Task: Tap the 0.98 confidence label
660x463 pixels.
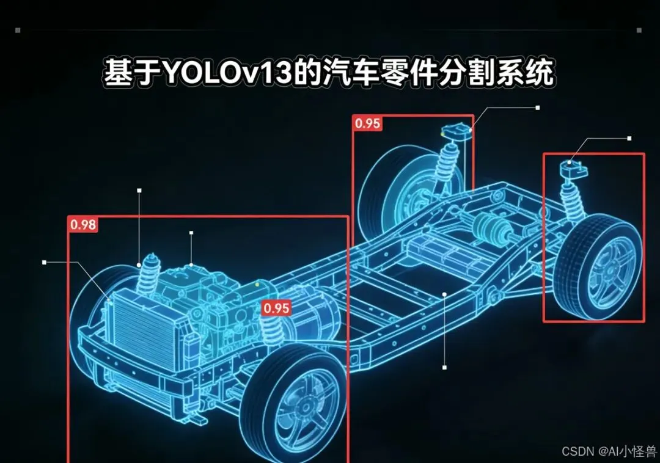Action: (83, 225)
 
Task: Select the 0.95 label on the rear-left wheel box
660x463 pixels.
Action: (367, 123)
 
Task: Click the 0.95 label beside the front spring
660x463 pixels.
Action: (276, 308)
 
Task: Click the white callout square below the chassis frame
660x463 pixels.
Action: (444, 368)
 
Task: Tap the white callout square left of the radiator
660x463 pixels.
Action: (44, 262)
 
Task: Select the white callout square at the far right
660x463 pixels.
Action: (629, 139)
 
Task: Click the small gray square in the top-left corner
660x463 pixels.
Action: (18, 29)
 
